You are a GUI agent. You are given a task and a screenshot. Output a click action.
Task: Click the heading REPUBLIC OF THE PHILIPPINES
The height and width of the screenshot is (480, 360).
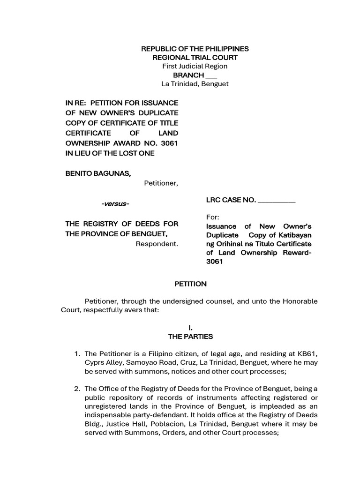click(x=195, y=49)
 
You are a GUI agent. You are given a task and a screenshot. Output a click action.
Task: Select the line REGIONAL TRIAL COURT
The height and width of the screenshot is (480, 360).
click(x=195, y=58)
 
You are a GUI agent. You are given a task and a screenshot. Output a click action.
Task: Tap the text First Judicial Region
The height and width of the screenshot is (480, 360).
click(x=195, y=67)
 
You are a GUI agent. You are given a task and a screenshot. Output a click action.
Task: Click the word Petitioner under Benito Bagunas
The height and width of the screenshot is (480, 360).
click(x=161, y=183)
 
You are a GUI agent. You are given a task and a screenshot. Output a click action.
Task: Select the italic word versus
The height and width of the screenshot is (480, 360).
click(x=115, y=204)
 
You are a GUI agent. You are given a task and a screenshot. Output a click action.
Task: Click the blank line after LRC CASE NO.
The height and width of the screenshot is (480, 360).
click(x=277, y=201)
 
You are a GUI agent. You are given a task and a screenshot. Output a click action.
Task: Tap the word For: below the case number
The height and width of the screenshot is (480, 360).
click(x=213, y=218)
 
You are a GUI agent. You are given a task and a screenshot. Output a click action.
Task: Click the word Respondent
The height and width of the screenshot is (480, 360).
click(x=157, y=244)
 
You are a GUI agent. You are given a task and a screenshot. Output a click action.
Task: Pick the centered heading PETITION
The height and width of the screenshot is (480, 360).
click(x=190, y=284)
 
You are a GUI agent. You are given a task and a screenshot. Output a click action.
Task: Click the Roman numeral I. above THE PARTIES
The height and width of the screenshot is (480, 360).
click(x=190, y=328)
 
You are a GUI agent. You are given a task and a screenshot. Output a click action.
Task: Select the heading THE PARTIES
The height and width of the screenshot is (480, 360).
click(x=190, y=337)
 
